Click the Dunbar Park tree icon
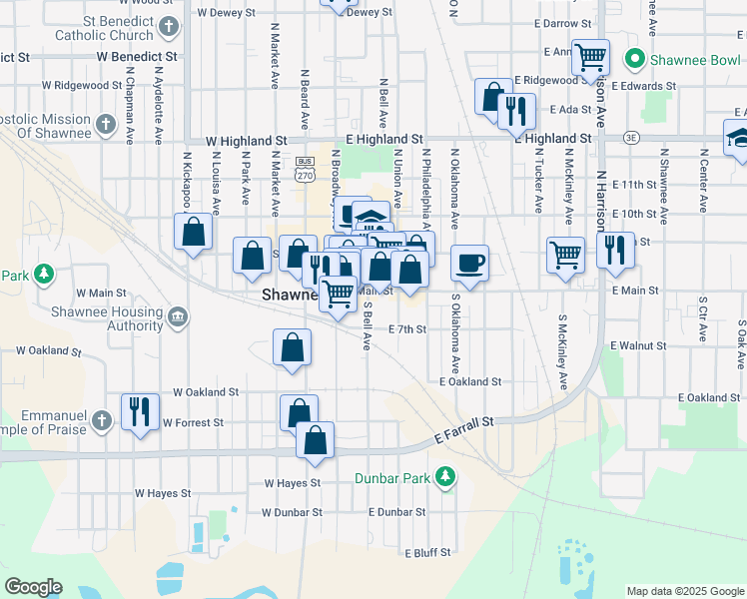point(445,477)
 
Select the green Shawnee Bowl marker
point(632,60)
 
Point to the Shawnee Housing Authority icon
point(178,317)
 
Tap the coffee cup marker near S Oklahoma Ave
point(470,263)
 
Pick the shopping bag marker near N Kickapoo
point(194,233)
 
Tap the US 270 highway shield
point(305,169)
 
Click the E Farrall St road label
point(465,431)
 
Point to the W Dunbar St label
point(292,512)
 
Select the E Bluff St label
point(427,552)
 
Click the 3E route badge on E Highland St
point(630,138)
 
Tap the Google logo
point(33,587)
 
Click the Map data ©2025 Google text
point(684,591)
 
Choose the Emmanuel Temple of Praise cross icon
point(101,422)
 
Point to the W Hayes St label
point(292,482)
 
